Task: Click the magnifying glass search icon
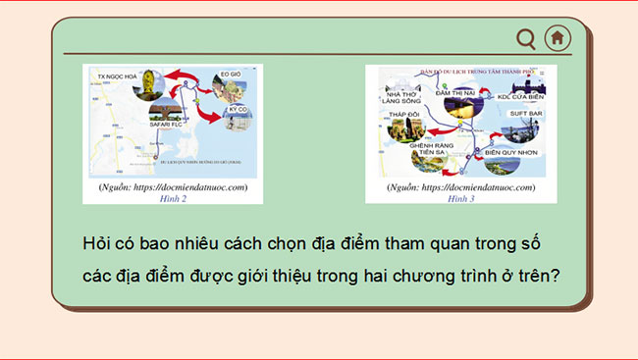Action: point(526,38)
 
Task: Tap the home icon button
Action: point(558,38)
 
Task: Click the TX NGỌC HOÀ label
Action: point(117,75)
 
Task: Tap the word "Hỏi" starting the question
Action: point(98,242)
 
